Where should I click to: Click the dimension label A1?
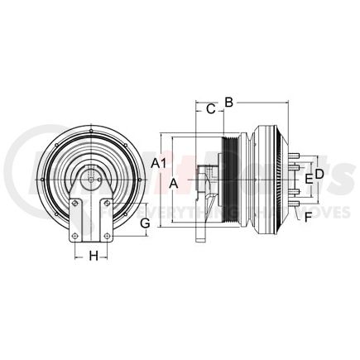tap(161, 162)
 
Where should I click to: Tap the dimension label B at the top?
tap(230, 102)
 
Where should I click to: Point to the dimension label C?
tap(210, 108)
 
